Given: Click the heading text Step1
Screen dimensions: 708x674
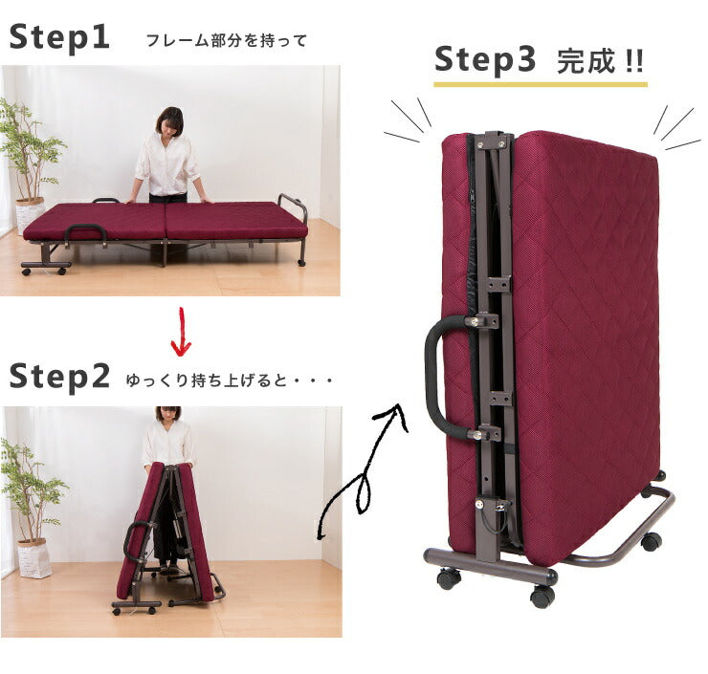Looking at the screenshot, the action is click(59, 38).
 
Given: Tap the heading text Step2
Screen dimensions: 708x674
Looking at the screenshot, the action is click(59, 377).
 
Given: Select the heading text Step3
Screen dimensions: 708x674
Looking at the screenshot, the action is click(485, 61).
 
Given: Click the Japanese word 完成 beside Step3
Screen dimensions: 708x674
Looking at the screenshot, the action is click(586, 61).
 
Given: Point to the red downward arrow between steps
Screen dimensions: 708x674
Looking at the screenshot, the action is click(182, 332).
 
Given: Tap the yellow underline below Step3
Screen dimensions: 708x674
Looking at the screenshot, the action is click(541, 84).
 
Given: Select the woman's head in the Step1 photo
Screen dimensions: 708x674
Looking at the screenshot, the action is click(169, 120).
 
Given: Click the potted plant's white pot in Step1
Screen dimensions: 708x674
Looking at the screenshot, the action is click(29, 214).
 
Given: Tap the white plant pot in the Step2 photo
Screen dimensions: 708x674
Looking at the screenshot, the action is click(34, 558).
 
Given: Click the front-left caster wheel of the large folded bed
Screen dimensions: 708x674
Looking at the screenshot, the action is click(449, 577).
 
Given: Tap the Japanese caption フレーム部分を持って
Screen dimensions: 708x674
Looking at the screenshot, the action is click(227, 40).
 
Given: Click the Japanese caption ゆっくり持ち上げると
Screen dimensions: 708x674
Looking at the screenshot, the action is click(206, 380).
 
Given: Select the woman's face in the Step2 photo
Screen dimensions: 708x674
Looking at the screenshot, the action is click(168, 415).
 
